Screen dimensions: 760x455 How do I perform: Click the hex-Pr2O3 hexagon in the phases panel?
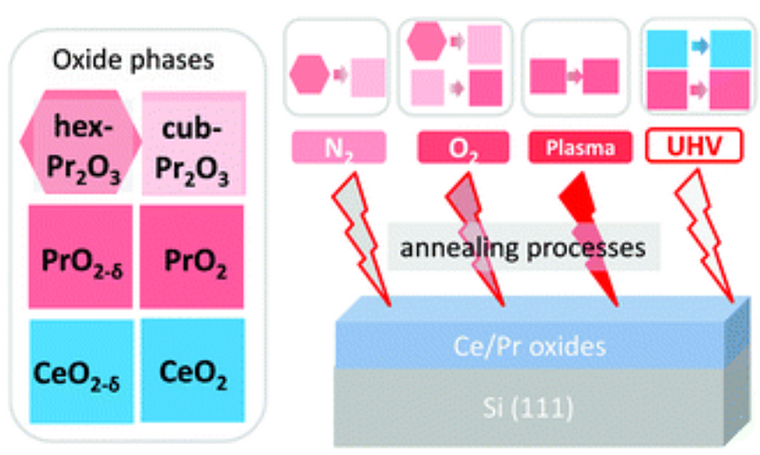tap(81, 142)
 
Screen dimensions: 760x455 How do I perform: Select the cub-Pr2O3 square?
tap(194, 143)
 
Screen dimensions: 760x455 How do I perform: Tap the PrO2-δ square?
tap(81, 256)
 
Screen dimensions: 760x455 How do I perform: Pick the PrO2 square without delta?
tap(192, 256)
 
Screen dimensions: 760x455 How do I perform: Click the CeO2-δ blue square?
tap(82, 371)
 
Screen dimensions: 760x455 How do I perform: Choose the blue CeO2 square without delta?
tap(193, 370)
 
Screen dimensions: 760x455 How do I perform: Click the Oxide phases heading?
tap(133, 60)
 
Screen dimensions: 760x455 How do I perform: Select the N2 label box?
tap(339, 147)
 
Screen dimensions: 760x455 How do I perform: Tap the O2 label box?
tap(464, 147)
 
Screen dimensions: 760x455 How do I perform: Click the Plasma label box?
tap(580, 147)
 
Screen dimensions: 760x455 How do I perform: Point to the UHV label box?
tap(694, 145)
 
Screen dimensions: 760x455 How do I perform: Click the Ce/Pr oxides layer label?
tap(530, 347)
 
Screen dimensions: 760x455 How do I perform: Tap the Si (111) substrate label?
tap(528, 408)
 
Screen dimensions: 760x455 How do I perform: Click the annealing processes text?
tap(522, 248)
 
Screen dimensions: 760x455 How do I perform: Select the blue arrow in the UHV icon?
tap(700, 46)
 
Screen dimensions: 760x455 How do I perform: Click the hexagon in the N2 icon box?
tap(310, 74)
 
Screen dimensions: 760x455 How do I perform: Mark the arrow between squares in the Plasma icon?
tap(575, 76)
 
